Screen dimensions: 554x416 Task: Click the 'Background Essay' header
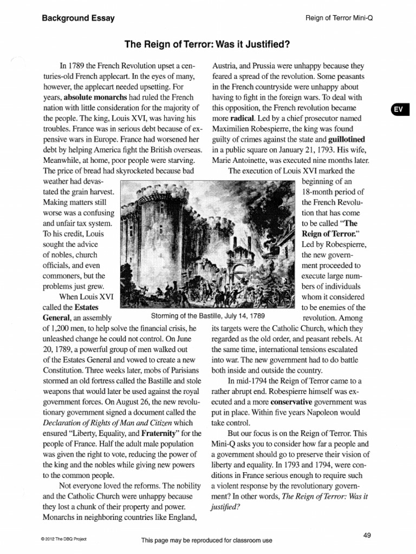(78, 18)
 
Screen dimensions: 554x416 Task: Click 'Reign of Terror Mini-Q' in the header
(341, 18)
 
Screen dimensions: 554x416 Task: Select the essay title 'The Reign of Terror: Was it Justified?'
(207, 43)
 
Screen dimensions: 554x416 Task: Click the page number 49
(367, 535)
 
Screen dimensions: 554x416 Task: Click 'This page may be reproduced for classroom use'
(206, 540)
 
